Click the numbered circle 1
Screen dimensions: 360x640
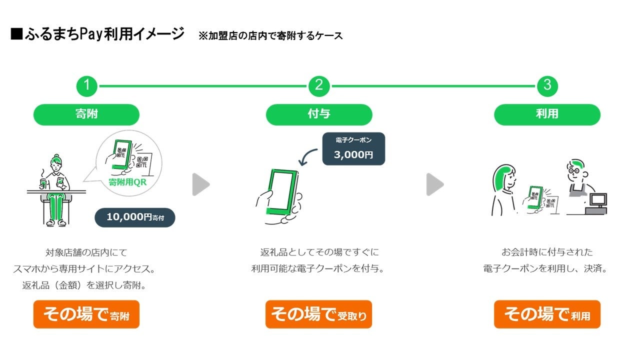point(86,86)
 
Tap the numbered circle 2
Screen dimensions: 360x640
point(318,86)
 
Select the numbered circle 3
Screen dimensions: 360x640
point(547,86)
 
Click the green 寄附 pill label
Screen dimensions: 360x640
point(86,114)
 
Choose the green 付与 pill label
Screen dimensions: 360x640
point(319,114)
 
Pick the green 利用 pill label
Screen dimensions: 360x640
point(547,114)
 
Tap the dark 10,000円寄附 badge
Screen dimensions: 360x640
point(134,217)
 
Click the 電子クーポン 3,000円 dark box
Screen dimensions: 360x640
point(353,148)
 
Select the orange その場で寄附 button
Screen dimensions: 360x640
point(86,314)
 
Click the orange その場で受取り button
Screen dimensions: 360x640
point(318,314)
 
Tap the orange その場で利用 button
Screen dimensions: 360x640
point(547,314)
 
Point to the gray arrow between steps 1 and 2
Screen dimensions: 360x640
point(200,184)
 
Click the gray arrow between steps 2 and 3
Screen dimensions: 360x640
point(434,184)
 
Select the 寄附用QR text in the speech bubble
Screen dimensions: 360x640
point(127,182)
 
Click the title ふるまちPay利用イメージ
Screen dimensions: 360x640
point(97,34)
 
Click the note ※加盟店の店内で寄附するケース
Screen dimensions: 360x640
point(270,35)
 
